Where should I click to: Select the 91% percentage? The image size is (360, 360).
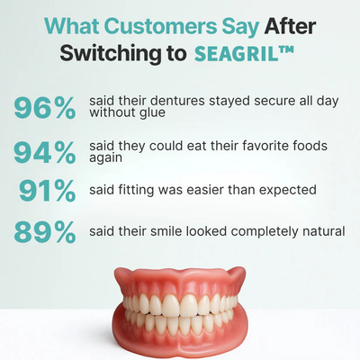[49, 190]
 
